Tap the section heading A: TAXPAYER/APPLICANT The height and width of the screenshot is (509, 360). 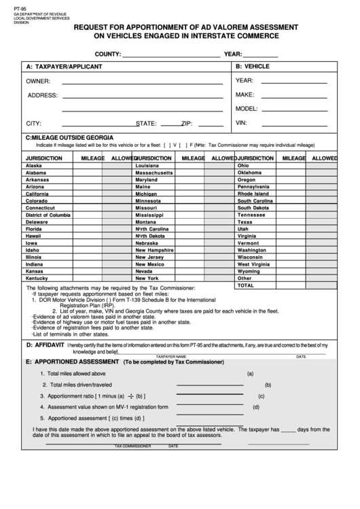pos(64,67)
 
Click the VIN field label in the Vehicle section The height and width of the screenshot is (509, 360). pos(240,123)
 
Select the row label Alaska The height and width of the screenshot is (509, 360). pos(33,166)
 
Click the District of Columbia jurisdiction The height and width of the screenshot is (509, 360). pos(48,215)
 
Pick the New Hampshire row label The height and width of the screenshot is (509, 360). pos(155,250)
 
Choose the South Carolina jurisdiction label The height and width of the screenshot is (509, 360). pos(255,201)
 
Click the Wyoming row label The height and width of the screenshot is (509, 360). pos(249,271)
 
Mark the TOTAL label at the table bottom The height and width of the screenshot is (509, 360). pos(245,285)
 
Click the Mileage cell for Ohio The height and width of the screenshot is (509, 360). pos(293,166)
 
